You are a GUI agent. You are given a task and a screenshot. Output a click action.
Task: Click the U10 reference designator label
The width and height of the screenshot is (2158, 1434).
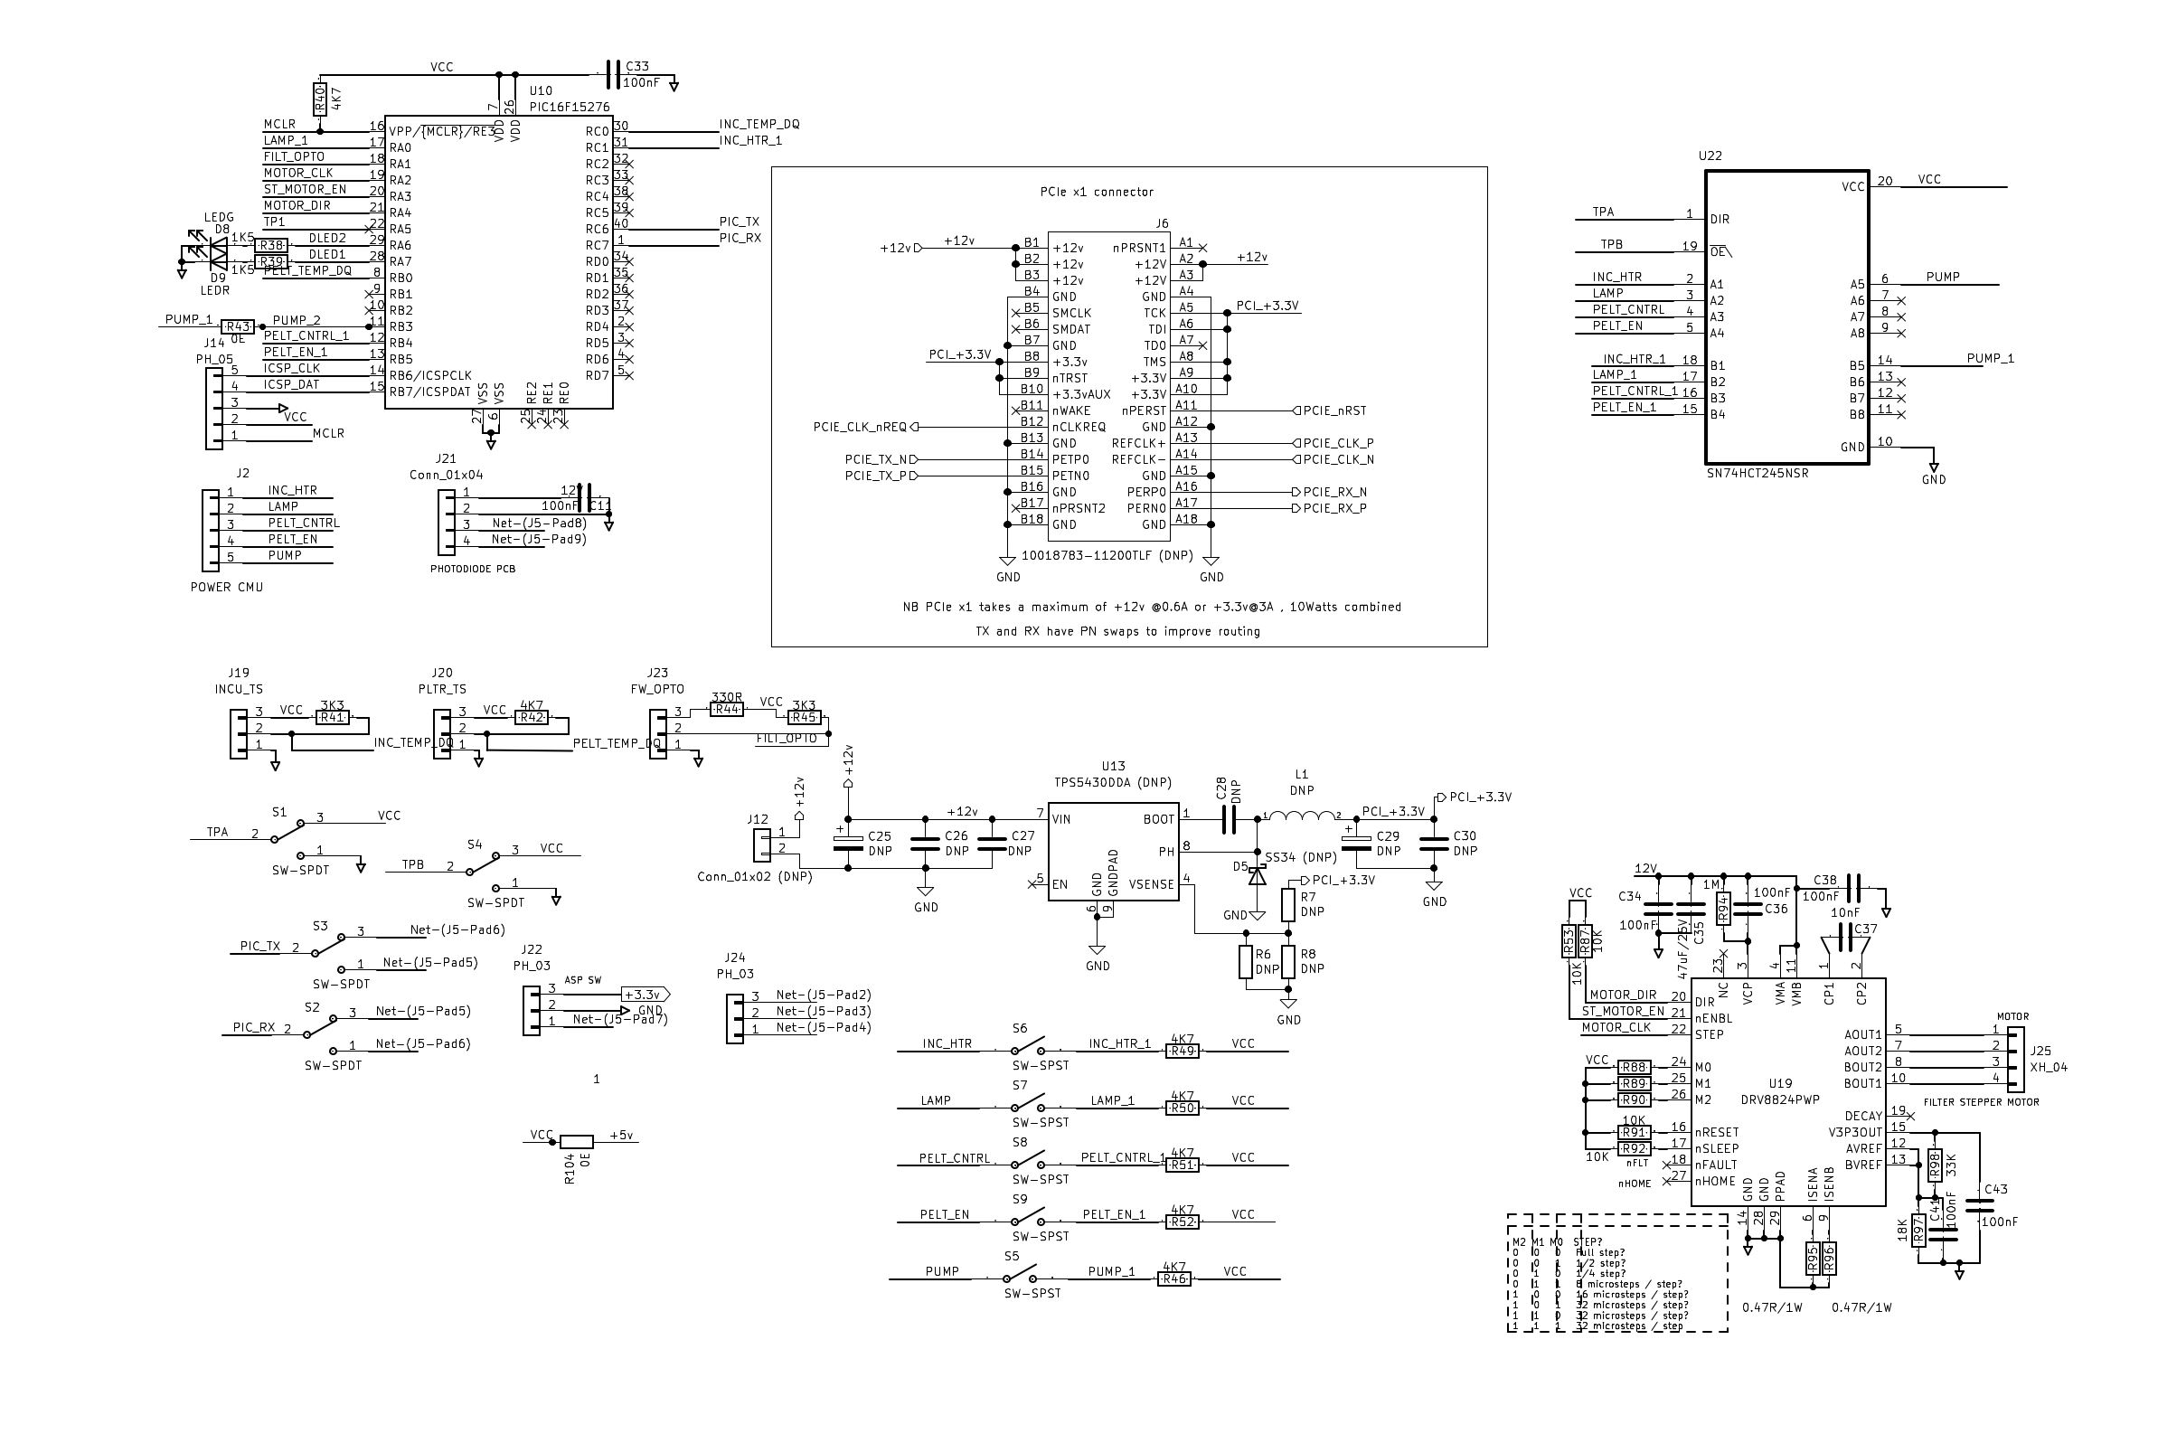pos(541,90)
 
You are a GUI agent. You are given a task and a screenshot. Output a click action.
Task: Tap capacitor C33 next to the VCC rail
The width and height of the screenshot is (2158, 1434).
pos(610,75)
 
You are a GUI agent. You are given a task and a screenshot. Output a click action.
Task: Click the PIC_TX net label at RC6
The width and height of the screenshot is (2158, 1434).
pos(739,222)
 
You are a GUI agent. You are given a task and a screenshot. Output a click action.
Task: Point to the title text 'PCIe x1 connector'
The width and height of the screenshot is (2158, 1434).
pos(1097,192)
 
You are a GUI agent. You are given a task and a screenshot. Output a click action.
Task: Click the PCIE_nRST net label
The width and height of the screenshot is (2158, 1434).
pos(1334,410)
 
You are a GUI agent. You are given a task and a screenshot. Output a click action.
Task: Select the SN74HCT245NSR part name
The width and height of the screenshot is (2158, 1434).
pos(1757,474)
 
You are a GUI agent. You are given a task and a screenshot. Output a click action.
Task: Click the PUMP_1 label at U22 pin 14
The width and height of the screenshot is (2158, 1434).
pos(1990,358)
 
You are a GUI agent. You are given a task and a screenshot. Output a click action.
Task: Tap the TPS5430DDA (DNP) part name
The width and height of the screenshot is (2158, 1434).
pos(1112,783)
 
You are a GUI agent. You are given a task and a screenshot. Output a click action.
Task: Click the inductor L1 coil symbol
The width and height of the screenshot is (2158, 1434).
pos(1301,816)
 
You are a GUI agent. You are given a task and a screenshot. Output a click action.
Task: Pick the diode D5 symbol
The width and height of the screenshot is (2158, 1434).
pos(1258,875)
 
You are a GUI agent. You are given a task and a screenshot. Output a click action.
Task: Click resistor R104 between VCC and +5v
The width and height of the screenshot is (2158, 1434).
pos(576,1141)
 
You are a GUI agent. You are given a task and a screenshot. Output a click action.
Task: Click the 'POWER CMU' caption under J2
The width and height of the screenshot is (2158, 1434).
pos(226,587)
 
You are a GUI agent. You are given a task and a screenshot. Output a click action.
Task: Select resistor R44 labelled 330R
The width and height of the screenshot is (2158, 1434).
pos(726,709)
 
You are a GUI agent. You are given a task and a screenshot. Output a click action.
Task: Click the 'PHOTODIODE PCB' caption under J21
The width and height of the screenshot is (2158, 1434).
pos(472,569)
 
